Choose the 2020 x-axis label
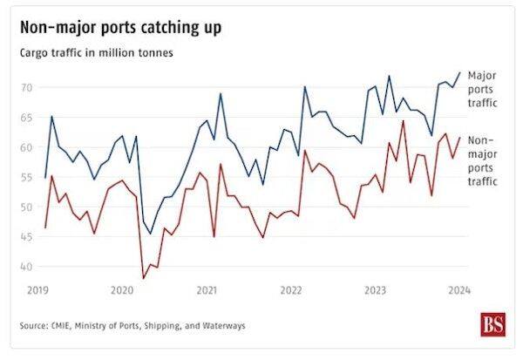pos(122,289)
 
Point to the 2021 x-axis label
pos(207,289)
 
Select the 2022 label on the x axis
pos(291,289)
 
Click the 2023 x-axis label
pos(375,289)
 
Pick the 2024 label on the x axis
pos(459,289)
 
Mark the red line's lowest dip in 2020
pos(143,278)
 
